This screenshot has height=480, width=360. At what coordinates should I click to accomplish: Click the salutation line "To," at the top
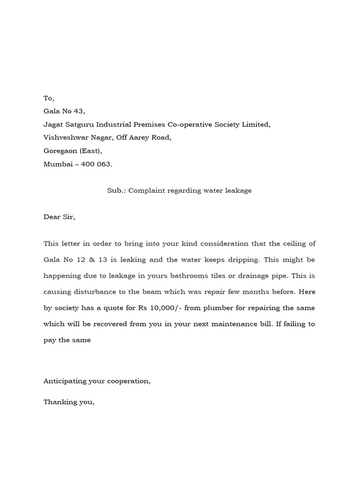49,98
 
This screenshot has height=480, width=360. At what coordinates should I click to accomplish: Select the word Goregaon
59,151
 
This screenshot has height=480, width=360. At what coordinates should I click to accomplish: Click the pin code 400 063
96,164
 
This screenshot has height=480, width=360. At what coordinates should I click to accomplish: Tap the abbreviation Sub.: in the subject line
116,191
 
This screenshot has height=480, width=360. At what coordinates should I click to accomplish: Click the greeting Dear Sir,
59,217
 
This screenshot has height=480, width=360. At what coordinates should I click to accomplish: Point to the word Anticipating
67,381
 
